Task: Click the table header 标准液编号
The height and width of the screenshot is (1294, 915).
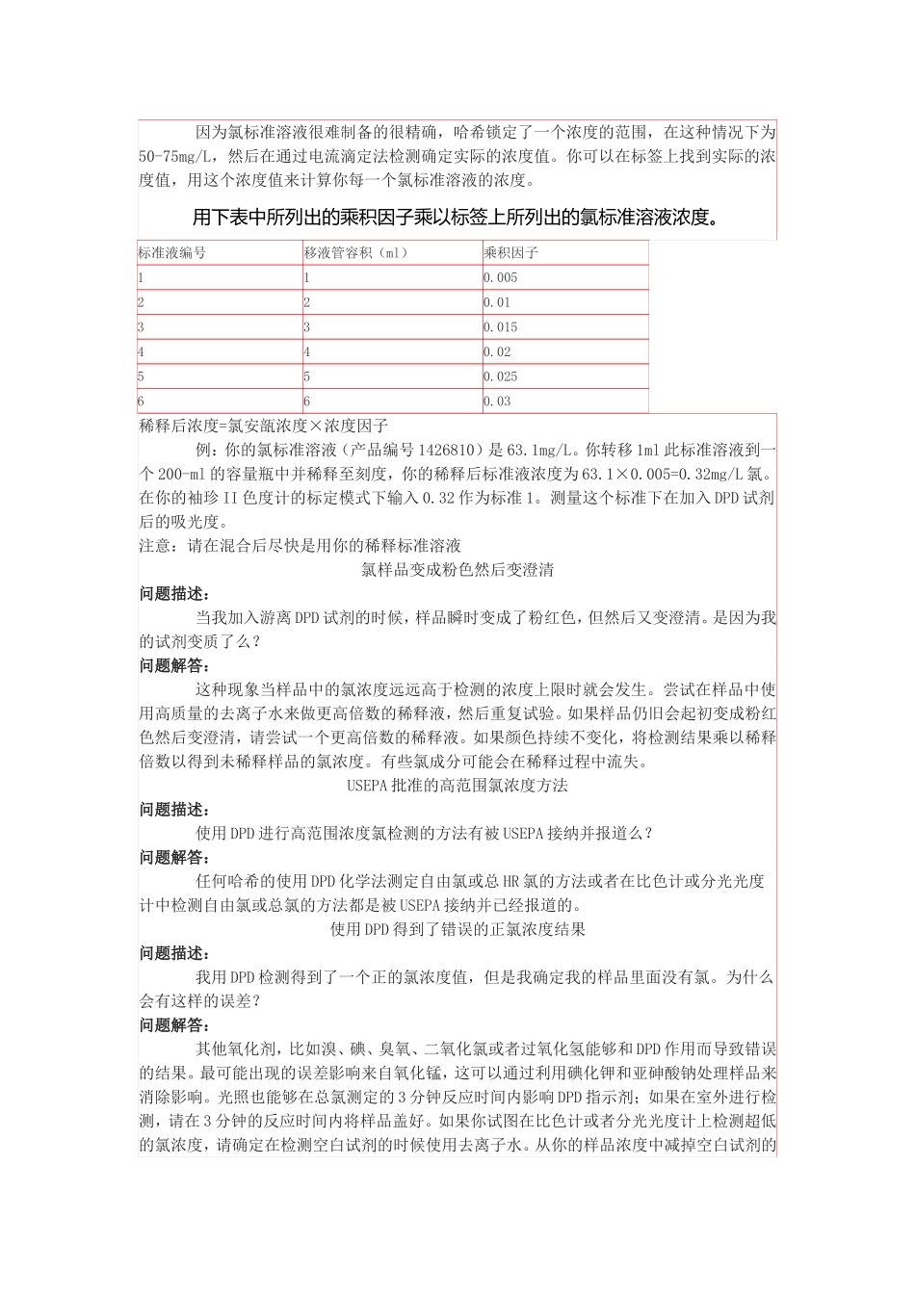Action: pos(172,253)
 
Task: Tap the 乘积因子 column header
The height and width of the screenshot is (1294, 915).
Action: pos(510,253)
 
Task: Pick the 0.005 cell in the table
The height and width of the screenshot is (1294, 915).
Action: pos(501,278)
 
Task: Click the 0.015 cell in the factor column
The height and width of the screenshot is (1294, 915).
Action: pos(501,327)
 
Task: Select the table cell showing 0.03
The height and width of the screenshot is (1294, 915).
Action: pos(497,401)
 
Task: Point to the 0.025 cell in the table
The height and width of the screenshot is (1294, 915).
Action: pos(501,376)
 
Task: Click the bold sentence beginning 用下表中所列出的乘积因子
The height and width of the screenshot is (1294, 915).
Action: pos(457,218)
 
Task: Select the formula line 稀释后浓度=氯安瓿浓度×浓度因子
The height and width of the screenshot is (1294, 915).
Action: pos(264,426)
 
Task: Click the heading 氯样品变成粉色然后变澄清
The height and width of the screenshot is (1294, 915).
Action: pos(457,569)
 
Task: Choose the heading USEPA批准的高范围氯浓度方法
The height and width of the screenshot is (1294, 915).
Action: pos(457,785)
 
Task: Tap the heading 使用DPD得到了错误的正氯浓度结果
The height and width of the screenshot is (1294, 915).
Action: pos(457,929)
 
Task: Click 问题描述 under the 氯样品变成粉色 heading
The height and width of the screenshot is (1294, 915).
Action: pos(174,593)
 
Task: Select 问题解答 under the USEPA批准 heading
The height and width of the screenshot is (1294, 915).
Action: pos(174,857)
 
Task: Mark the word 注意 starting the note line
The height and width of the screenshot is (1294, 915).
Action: pos(154,546)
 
